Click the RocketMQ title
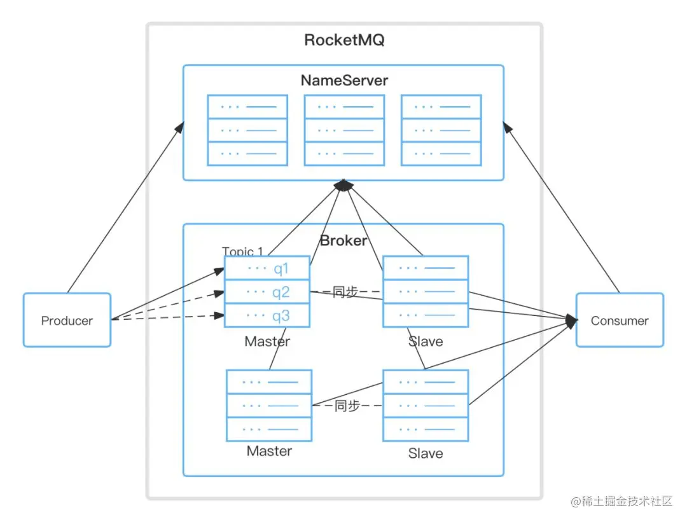(344, 40)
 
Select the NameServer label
(344, 80)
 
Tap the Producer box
(67, 320)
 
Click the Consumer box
(620, 320)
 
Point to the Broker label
(343, 240)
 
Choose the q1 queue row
(267, 268)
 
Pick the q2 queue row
(267, 292)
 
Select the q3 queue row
(267, 315)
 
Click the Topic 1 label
(242, 251)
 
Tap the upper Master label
(267, 341)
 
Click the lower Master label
(270, 451)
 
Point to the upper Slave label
(426, 341)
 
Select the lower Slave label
(426, 453)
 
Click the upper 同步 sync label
(345, 292)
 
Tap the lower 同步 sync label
(347, 406)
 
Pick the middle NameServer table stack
(344, 130)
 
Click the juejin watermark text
(621, 502)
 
